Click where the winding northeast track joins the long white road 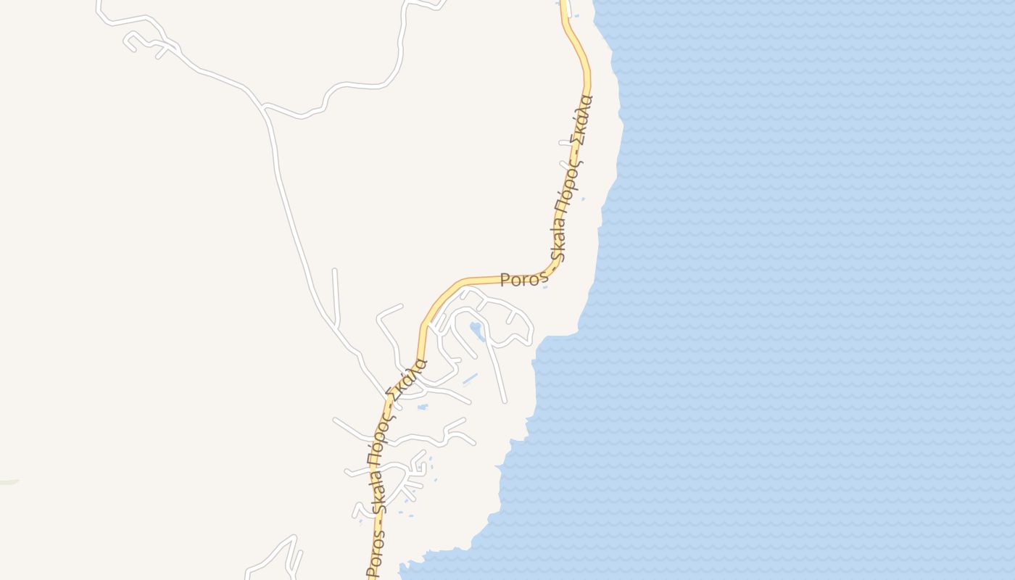click(263, 107)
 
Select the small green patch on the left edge click(9, 481)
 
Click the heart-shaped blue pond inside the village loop click(477, 331)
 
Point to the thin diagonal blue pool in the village click(470, 378)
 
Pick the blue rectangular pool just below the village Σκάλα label click(423, 407)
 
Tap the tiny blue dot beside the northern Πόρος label click(584, 198)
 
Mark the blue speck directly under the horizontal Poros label click(545, 288)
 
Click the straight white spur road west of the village click(336, 297)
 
